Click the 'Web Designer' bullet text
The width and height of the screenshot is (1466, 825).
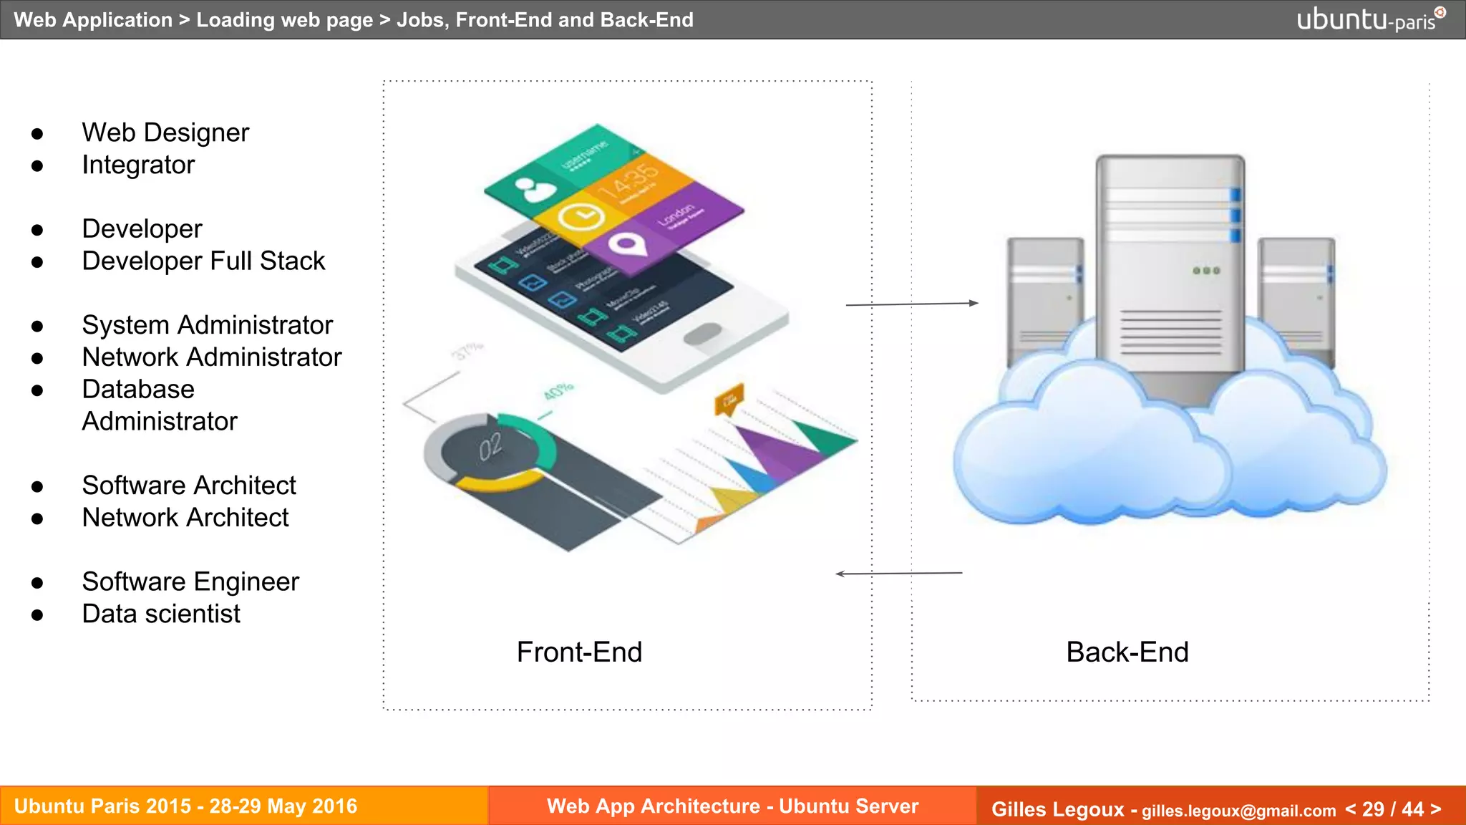tap(165, 133)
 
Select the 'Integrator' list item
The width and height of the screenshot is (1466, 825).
tap(138, 165)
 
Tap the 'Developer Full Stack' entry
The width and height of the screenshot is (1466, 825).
tap(203, 261)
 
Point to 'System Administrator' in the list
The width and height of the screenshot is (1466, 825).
tap(207, 325)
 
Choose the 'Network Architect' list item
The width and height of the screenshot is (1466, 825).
tap(185, 518)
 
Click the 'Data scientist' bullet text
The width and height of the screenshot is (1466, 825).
tap(161, 614)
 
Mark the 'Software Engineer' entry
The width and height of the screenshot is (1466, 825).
tap(190, 582)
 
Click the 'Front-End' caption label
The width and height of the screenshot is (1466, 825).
tap(579, 652)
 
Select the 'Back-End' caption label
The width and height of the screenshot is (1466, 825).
tap(1127, 652)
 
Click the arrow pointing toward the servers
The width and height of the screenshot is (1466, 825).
tap(912, 304)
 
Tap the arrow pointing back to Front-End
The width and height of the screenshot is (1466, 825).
tap(898, 574)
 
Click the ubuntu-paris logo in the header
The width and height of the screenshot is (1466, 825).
tap(1370, 19)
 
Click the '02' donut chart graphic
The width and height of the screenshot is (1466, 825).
tap(491, 448)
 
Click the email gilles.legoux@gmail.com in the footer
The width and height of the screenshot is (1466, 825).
tap(1238, 811)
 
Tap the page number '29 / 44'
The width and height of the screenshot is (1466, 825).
tap(1392, 809)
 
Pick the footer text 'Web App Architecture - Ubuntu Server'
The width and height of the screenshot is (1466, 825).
tap(732, 806)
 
